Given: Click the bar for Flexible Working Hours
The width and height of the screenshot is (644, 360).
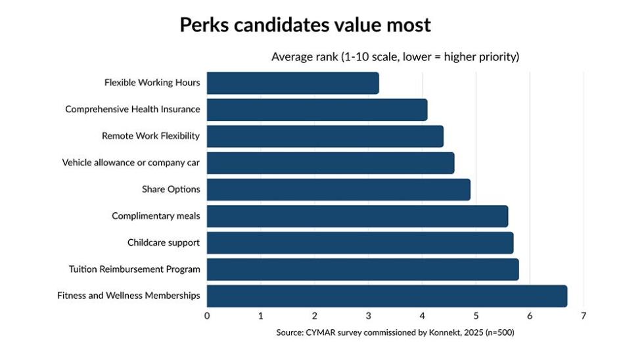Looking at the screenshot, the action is click(x=293, y=83).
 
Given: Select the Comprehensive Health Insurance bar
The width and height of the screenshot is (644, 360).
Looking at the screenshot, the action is click(x=317, y=110).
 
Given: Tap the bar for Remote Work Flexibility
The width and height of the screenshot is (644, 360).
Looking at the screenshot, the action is click(x=325, y=136).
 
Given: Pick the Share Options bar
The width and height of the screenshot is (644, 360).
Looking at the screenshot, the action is click(x=339, y=190).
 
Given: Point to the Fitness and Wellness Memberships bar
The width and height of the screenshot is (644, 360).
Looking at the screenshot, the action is click(x=387, y=296).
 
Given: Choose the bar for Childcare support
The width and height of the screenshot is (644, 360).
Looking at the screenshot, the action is click(x=360, y=243).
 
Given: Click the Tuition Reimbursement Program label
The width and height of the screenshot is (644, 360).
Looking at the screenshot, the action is click(x=134, y=269).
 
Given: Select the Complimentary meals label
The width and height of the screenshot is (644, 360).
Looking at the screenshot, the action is click(x=156, y=216).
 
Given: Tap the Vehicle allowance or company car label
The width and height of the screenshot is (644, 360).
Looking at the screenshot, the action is click(x=131, y=162).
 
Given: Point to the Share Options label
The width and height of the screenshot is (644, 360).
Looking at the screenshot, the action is click(x=171, y=189).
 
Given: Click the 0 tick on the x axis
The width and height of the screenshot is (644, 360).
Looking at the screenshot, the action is click(x=207, y=316).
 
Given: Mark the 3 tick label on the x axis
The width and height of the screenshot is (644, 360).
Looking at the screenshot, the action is click(x=369, y=316).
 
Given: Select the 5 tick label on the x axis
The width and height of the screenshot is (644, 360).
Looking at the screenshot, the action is click(x=476, y=316).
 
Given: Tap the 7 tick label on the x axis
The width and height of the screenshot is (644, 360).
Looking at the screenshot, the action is click(x=584, y=316).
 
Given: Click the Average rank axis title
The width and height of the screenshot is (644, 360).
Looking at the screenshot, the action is click(x=395, y=56).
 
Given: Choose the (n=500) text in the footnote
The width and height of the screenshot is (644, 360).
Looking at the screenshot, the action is click(x=500, y=332).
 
